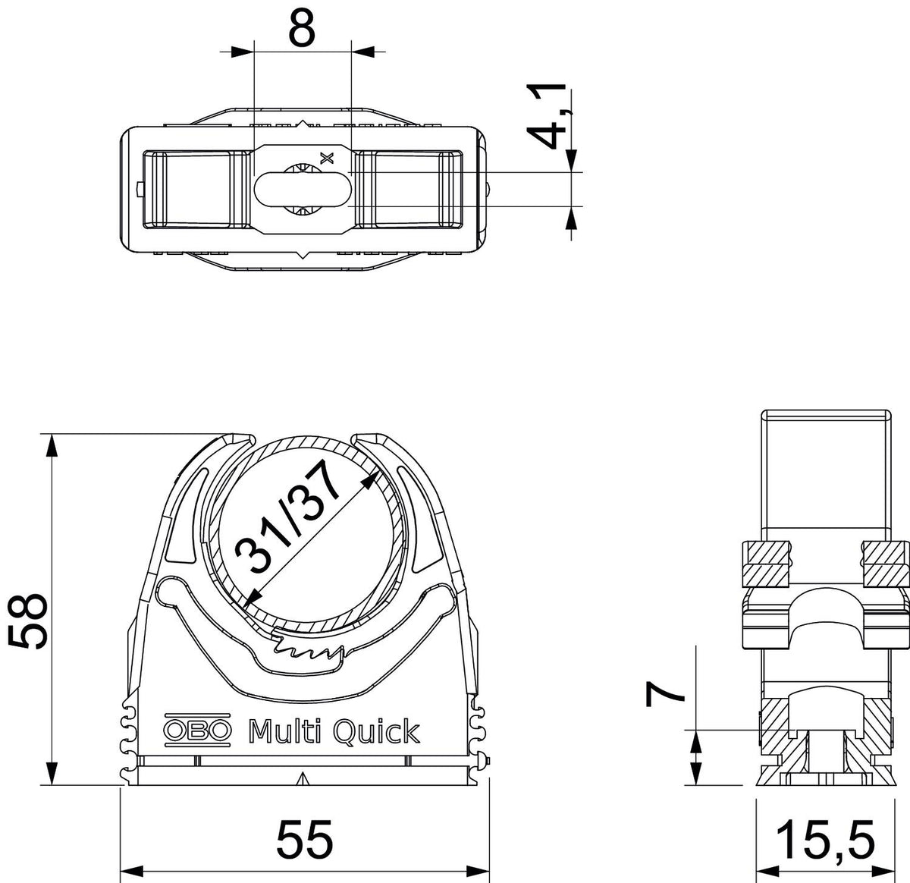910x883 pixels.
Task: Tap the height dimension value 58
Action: point(27,621)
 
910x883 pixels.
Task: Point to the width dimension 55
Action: point(304,839)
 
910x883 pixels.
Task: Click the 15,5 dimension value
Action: point(826,840)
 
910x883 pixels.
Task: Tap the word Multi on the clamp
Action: point(284,731)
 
